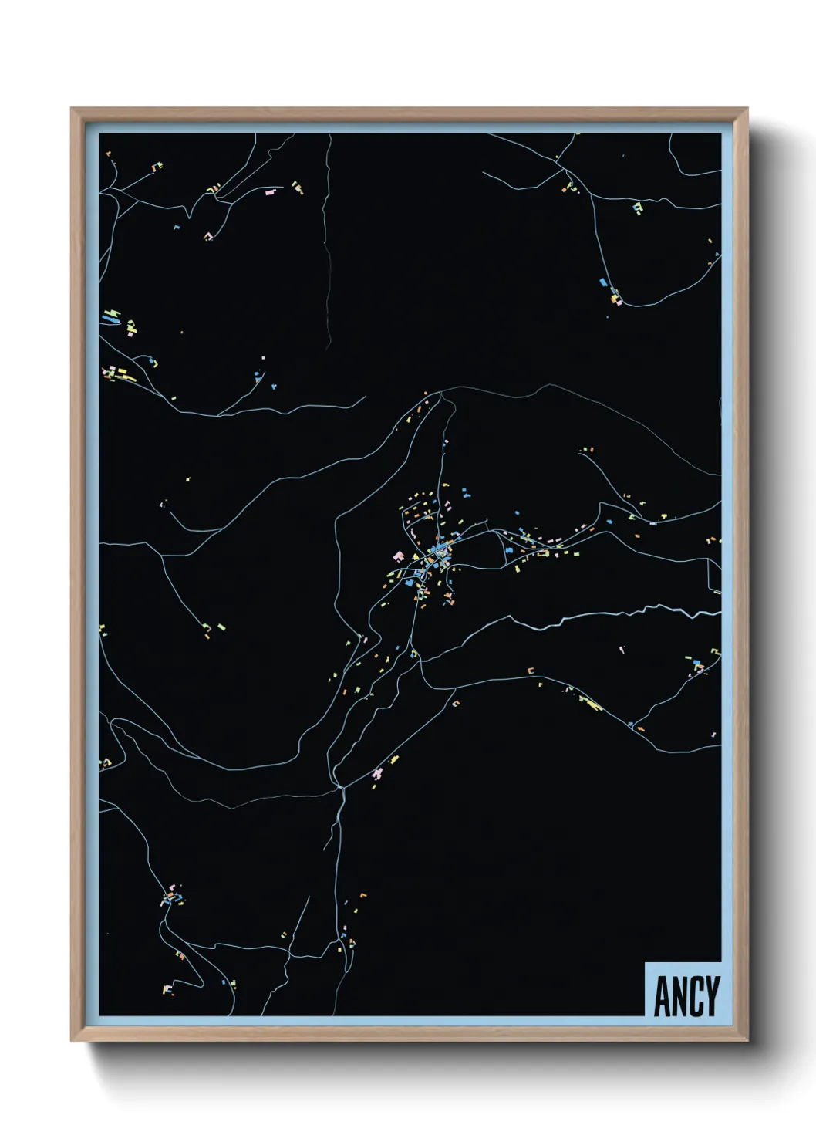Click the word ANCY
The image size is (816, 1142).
(686, 996)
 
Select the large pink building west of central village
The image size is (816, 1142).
(399, 555)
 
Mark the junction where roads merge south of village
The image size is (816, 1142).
(339, 786)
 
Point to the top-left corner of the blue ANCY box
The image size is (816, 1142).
(646, 963)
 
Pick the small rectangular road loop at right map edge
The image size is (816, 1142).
(714, 576)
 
